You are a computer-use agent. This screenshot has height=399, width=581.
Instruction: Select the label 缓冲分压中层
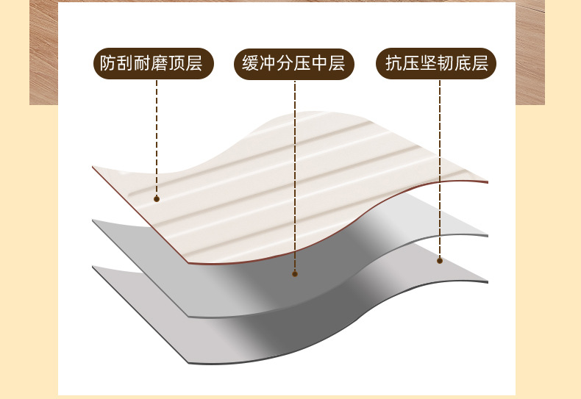pyautogui.click(x=294, y=64)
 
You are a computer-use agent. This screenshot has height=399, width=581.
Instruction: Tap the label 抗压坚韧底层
pyautogui.click(x=437, y=64)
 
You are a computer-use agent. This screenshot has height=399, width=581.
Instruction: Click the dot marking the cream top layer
pyautogui.click(x=157, y=198)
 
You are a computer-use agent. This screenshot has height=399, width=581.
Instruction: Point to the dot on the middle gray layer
pyautogui.click(x=295, y=273)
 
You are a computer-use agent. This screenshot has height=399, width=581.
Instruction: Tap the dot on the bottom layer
pyautogui.click(x=440, y=260)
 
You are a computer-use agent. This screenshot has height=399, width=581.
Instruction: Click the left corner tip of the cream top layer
pyautogui.click(x=93, y=168)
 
